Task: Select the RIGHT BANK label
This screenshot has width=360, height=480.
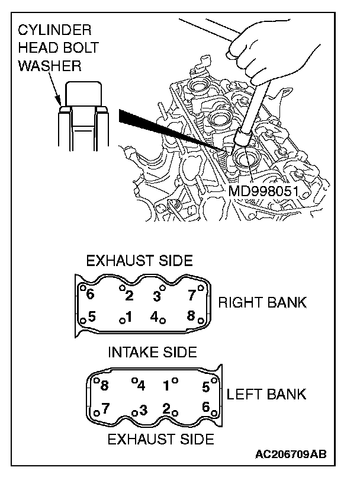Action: click(x=262, y=302)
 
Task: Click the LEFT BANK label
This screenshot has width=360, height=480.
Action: click(x=266, y=393)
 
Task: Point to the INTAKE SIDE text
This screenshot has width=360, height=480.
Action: click(x=152, y=352)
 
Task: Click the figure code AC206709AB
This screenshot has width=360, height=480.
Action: click(x=291, y=455)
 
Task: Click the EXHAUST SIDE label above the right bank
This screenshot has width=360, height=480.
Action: click(x=140, y=261)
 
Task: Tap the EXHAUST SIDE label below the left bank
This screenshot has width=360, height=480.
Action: click(x=160, y=439)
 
